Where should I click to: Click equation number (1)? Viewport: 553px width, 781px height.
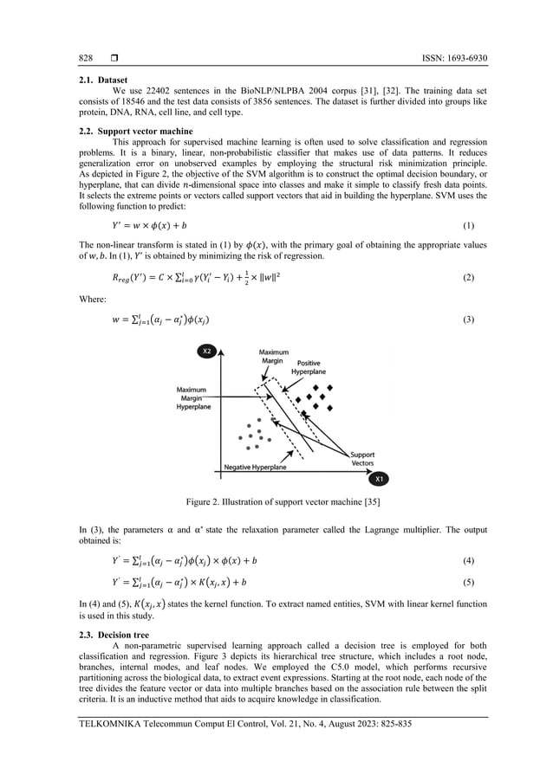pos(469,227)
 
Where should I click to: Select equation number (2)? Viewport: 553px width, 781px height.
pos(469,277)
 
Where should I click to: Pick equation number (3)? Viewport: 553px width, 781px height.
pos(469,320)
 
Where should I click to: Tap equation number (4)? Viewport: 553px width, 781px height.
pos(469,560)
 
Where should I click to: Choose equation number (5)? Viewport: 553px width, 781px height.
pos(469,582)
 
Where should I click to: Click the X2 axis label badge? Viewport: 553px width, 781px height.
pos(207,352)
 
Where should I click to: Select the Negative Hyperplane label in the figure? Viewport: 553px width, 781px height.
pos(256,467)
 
